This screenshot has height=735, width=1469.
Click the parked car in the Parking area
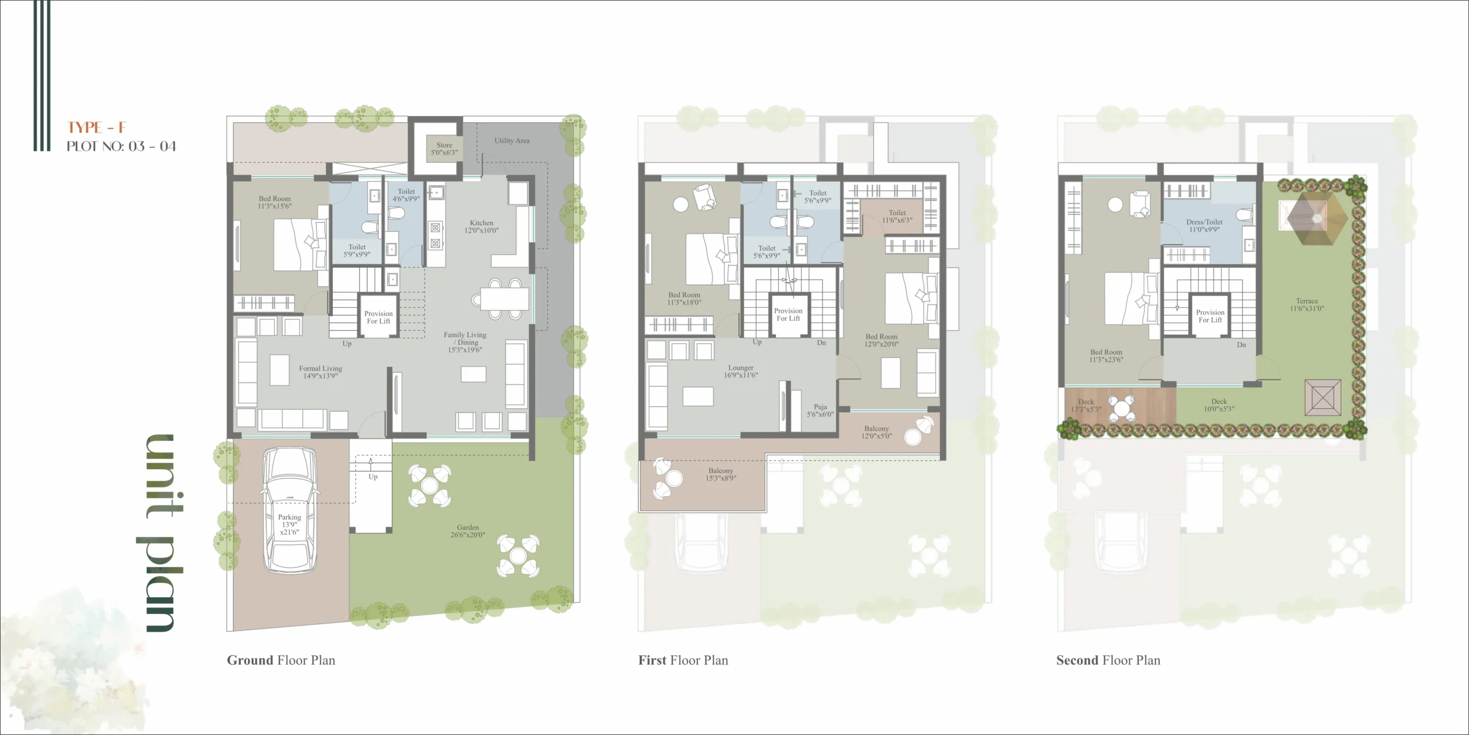coord(289,510)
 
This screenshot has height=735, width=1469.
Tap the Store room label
coord(445,149)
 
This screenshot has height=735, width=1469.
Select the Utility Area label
coord(512,141)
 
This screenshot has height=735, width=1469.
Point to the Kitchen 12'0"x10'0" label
coord(481,226)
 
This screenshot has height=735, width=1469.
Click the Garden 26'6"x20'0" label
coord(468,531)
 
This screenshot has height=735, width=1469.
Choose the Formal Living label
coord(320,372)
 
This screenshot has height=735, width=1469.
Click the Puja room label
coord(820,411)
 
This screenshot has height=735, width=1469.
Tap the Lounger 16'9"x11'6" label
coord(741,372)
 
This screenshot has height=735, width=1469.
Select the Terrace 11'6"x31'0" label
coord(1307,304)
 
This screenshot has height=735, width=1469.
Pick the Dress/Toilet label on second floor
coord(1204,226)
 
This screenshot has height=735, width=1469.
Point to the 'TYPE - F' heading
coord(96,127)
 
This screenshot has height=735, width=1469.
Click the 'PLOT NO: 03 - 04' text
coord(121,146)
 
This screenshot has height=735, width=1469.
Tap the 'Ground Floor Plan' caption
coord(281,660)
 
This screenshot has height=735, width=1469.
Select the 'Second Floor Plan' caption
coord(1108,660)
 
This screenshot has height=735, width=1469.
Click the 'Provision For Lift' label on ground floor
coord(378,318)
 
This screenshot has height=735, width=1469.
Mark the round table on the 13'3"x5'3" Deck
coord(1121,409)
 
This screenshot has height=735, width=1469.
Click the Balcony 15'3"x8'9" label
coord(721,474)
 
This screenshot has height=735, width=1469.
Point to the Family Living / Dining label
coord(465,342)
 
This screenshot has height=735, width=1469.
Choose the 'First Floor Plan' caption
coord(683,660)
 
